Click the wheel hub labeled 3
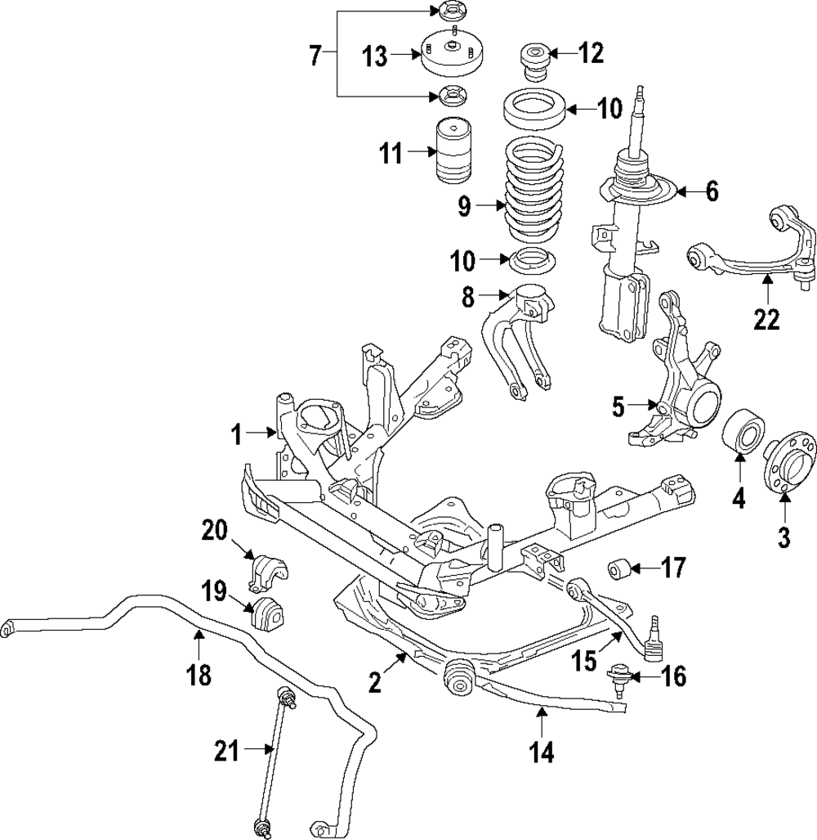click(x=788, y=465)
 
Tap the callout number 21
click(x=228, y=751)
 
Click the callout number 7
click(x=315, y=56)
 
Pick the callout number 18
click(x=199, y=675)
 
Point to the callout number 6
click(x=712, y=191)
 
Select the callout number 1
click(x=236, y=435)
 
